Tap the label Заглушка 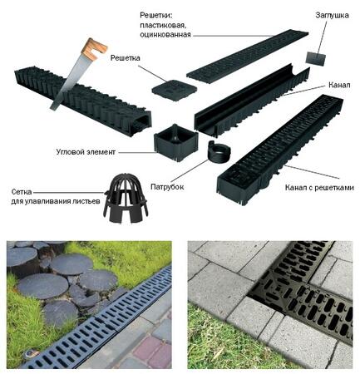[x=332, y=15]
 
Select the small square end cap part [x=316, y=58]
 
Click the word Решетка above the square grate [x=125, y=58]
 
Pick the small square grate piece [x=174, y=90]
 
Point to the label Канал [x=339, y=85]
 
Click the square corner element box [x=176, y=143]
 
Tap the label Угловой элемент [x=86, y=152]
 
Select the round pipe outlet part [x=219, y=152]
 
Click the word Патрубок [x=167, y=187]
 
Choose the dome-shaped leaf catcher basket [x=126, y=199]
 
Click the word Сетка [x=22, y=192]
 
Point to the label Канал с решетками [x=319, y=188]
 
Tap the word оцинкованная [x=165, y=35]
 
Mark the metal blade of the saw [x=66, y=81]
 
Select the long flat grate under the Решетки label [x=248, y=57]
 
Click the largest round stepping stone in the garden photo [x=43, y=286]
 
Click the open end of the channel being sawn [x=142, y=122]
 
